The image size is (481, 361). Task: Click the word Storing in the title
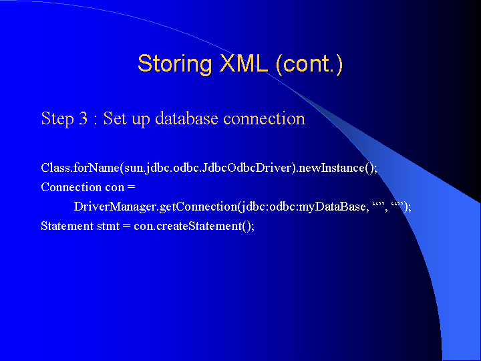pyautogui.click(x=175, y=65)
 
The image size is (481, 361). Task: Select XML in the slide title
pyautogui.click(x=244, y=64)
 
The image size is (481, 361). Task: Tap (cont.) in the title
pyautogui.click(x=309, y=64)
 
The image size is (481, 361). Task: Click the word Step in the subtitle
pyautogui.click(x=57, y=118)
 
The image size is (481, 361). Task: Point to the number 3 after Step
pyautogui.click(x=83, y=118)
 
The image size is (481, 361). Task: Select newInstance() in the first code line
pyautogui.click(x=335, y=168)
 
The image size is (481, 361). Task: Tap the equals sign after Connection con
pyautogui.click(x=132, y=187)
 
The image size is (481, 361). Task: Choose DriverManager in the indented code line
pyautogui.click(x=115, y=207)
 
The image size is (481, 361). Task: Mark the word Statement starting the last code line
pyautogui.click(x=67, y=226)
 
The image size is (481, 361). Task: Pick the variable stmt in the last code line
pyautogui.click(x=108, y=227)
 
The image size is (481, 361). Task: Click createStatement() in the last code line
pyautogui.click(x=205, y=226)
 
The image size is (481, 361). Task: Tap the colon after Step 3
pyautogui.click(x=96, y=120)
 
